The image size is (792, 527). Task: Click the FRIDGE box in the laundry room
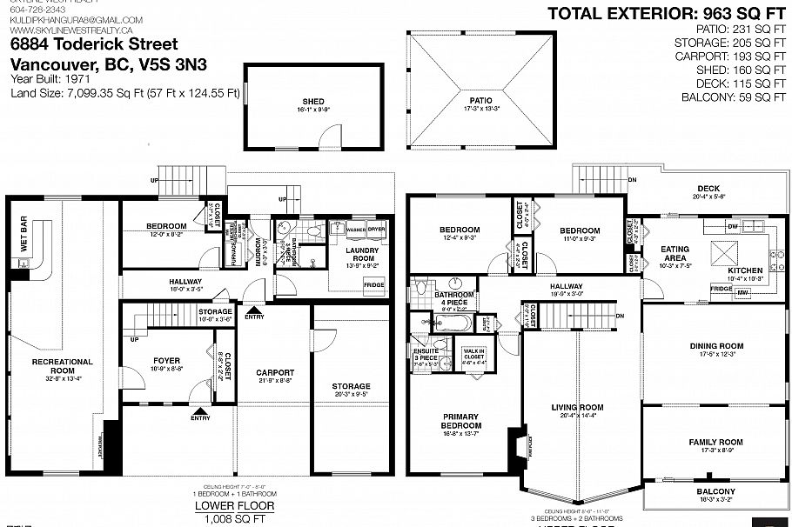tap(373, 285)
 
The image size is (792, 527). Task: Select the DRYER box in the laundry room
tap(376, 230)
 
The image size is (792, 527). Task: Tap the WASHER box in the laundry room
tap(356, 230)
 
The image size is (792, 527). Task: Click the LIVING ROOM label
tap(577, 407)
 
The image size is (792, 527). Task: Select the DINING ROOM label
tap(716, 346)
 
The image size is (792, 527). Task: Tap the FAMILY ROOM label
tap(716, 442)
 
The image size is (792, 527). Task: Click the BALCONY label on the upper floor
tap(716, 491)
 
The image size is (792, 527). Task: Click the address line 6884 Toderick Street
tap(94, 43)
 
